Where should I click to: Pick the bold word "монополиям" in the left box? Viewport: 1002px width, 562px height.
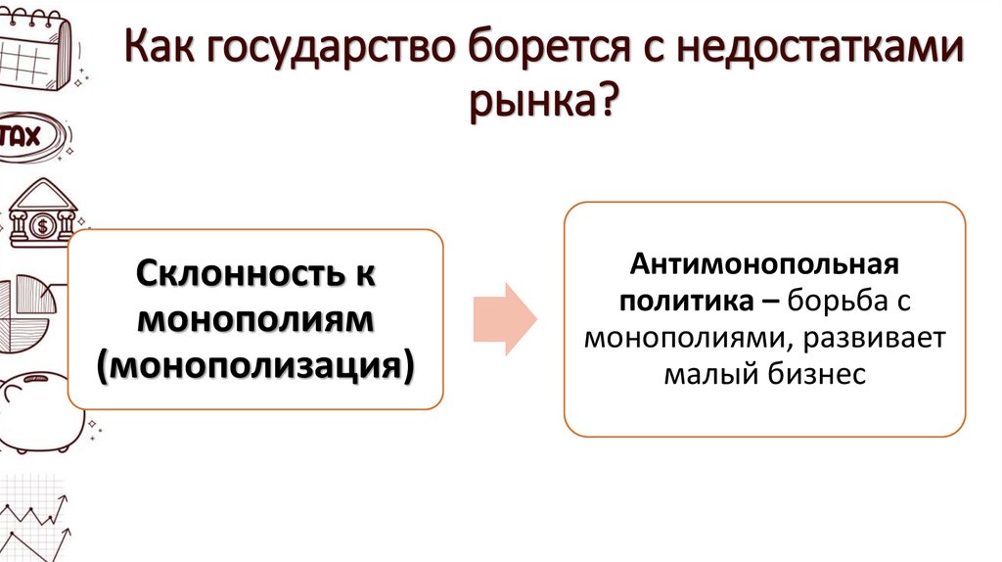click(254, 319)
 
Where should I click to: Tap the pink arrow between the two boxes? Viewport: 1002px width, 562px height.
click(505, 319)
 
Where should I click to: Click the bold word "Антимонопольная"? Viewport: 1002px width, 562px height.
click(764, 265)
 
